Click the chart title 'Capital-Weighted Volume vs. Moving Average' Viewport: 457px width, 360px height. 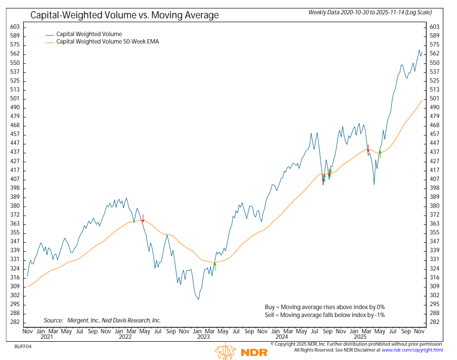125,15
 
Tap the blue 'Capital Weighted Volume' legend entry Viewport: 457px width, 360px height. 89,34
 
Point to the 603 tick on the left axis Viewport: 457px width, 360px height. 15,27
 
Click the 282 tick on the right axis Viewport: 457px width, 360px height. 435,322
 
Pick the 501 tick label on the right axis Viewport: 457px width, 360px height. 435,98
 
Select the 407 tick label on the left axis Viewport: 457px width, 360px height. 15,179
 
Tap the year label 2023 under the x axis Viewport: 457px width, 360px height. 204,337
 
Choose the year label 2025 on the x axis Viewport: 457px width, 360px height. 361,337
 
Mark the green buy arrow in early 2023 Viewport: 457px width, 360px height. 215,266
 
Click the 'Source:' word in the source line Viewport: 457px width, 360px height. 53,320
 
